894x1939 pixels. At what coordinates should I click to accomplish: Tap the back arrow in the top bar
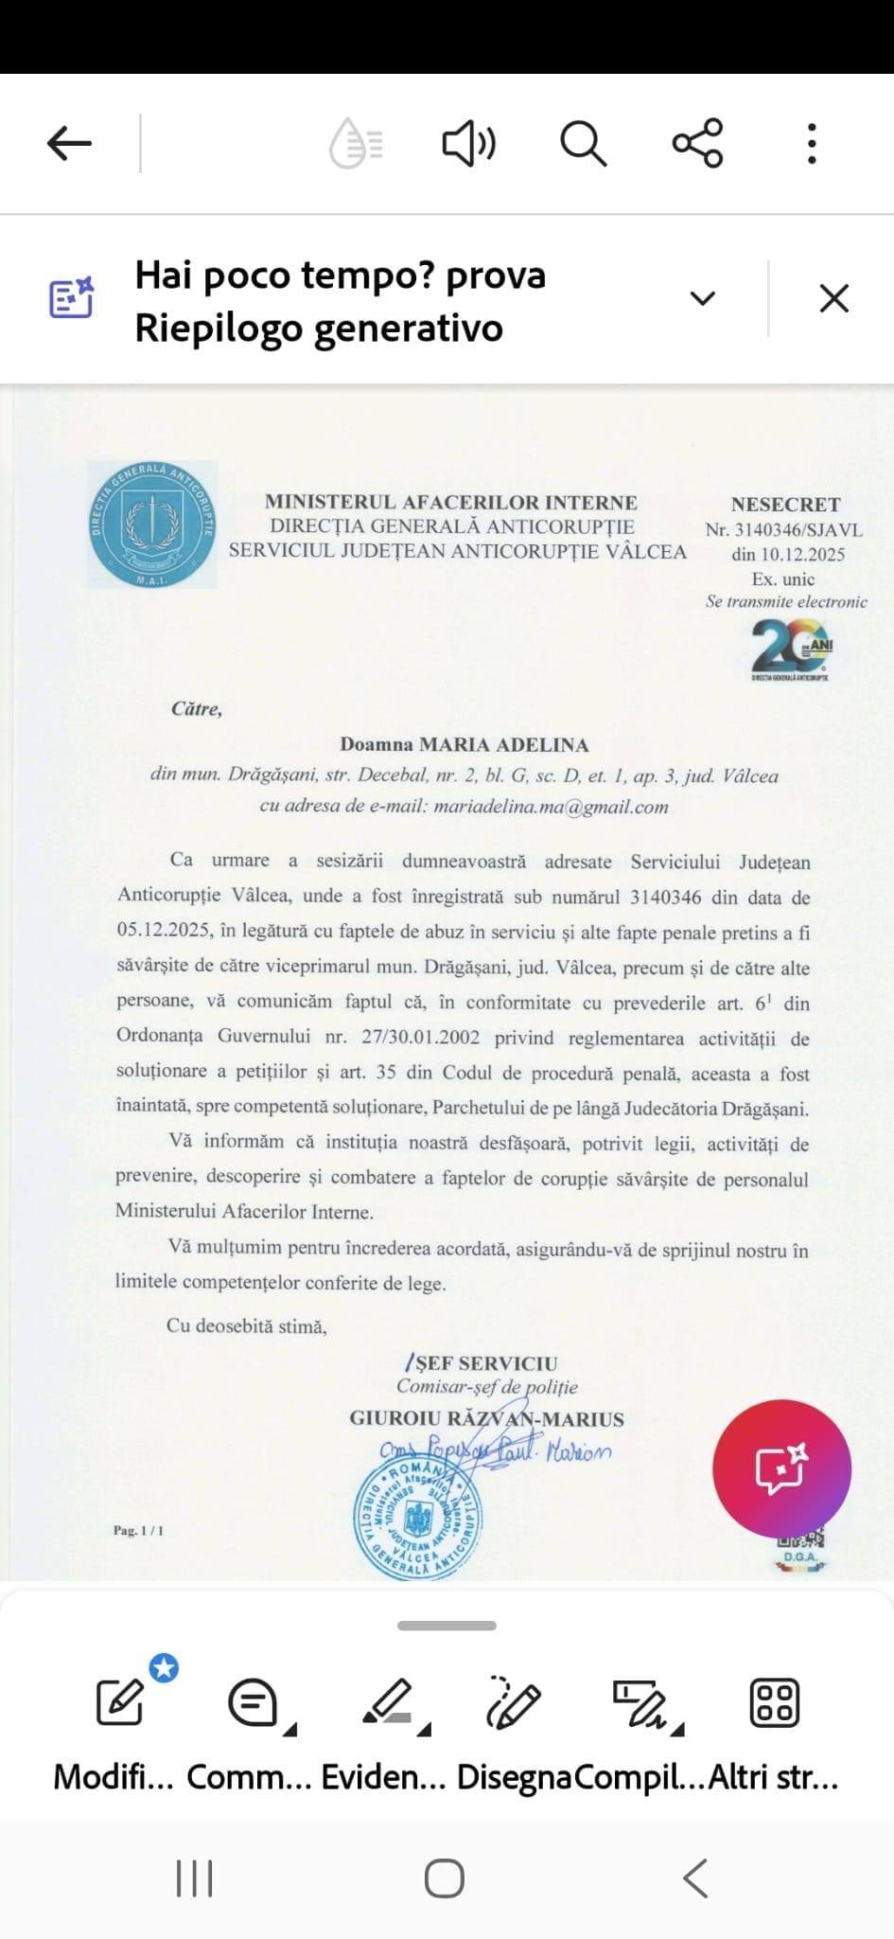point(69,144)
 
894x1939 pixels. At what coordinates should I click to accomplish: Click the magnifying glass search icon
point(583,144)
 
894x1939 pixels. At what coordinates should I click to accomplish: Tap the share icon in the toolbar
point(697,143)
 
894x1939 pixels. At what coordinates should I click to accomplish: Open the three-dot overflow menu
point(812,144)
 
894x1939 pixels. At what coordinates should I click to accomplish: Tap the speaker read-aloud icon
point(468,144)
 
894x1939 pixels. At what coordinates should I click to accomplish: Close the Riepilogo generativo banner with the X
point(833,298)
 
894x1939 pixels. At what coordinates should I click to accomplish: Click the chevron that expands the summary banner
point(702,298)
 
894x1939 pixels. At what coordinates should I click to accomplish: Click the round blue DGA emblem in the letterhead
point(152,525)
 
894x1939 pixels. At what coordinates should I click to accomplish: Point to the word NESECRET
point(785,505)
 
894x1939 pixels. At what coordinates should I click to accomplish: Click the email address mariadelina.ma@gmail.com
point(552,807)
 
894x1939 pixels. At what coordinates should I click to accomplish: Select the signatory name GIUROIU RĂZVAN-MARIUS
point(486,1418)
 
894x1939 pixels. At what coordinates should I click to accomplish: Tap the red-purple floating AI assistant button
point(781,1468)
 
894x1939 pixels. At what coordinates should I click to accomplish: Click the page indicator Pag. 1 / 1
point(138,1530)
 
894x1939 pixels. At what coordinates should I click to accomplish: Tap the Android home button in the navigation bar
point(445,1879)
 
